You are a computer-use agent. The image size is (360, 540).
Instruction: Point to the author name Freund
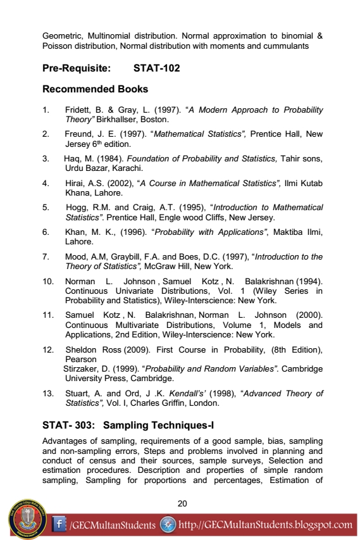point(78,134)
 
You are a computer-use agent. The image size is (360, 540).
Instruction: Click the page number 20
point(183,503)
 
